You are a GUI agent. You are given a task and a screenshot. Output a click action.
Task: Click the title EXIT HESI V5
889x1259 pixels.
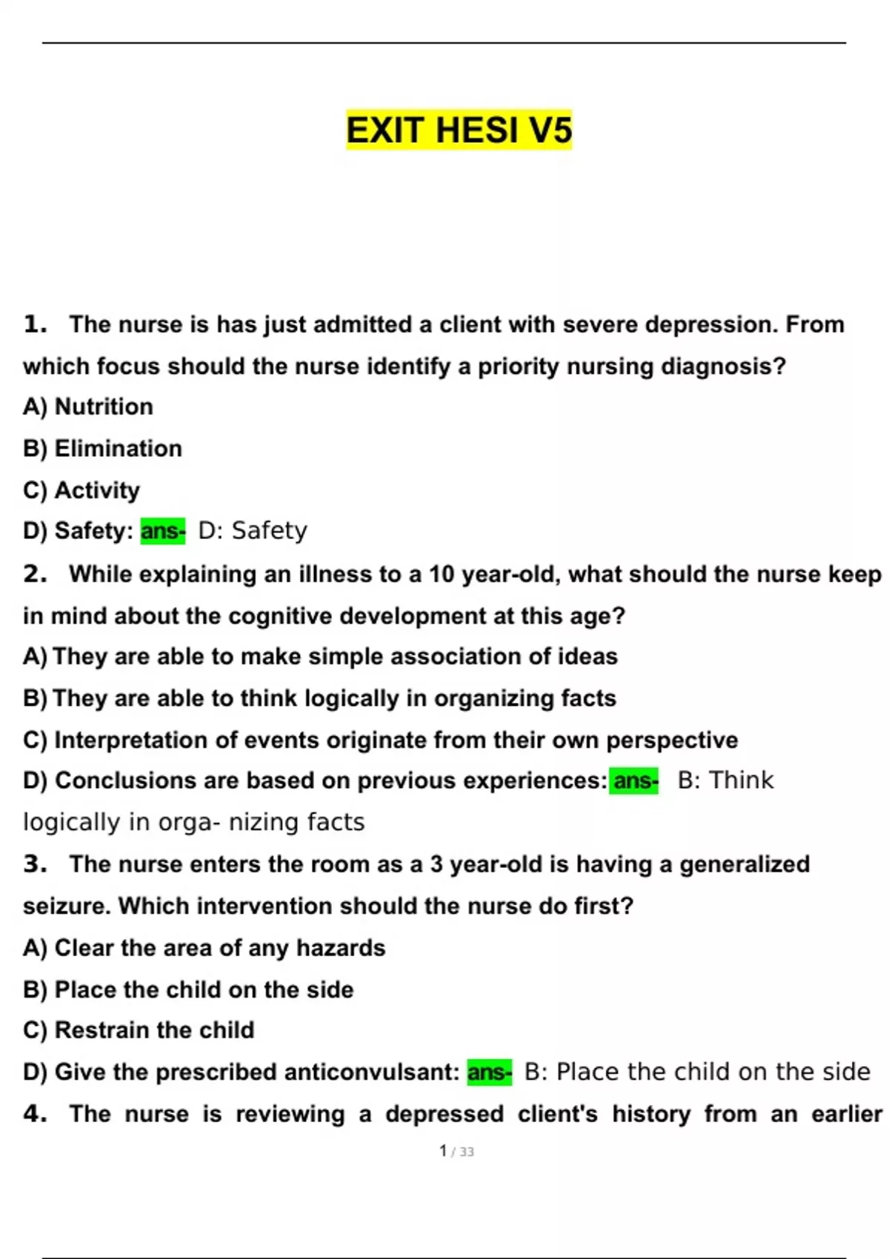pyautogui.click(x=459, y=130)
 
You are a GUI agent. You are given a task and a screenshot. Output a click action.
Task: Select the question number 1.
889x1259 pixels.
pyautogui.click(x=34, y=324)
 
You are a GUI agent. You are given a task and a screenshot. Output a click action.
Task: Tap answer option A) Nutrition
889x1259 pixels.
pyautogui.click(x=88, y=407)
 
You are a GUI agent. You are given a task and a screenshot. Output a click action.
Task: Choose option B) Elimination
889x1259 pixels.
pyautogui.click(x=102, y=449)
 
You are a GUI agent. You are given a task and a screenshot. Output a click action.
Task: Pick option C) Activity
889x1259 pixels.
pyautogui.click(x=81, y=490)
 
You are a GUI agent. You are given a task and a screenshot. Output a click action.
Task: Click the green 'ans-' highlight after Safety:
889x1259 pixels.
pyautogui.click(x=163, y=531)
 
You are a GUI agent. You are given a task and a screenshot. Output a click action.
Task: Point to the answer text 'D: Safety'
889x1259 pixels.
pyautogui.click(x=253, y=531)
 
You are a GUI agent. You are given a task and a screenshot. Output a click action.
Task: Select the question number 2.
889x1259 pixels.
pyautogui.click(x=34, y=574)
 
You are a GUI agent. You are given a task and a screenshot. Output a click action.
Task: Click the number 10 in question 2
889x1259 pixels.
pyautogui.click(x=442, y=574)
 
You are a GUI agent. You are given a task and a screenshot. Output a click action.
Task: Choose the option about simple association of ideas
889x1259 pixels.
pyautogui.click(x=320, y=657)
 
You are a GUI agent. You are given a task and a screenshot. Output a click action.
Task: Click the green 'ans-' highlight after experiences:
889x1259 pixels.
pyautogui.click(x=634, y=781)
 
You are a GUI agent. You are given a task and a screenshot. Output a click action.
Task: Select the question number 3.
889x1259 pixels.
pyautogui.click(x=34, y=864)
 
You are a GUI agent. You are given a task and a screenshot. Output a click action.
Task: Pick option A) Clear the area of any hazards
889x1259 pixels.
pyautogui.click(x=204, y=948)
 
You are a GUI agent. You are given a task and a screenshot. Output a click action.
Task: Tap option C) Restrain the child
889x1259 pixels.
pyautogui.click(x=139, y=1030)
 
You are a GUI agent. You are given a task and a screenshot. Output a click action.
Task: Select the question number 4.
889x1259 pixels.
pyautogui.click(x=34, y=1114)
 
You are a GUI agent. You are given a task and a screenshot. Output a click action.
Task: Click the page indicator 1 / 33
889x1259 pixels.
pyautogui.click(x=456, y=1152)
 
